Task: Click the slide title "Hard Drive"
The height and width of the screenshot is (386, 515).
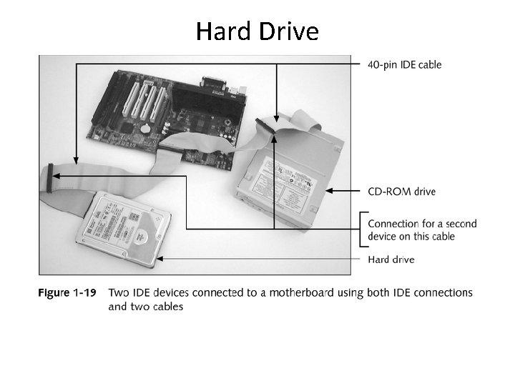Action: pyautogui.click(x=257, y=31)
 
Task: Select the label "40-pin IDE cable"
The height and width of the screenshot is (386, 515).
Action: pyautogui.click(x=404, y=64)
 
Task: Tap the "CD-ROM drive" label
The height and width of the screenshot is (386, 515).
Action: pyautogui.click(x=401, y=191)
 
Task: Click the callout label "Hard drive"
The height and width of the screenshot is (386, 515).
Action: pyautogui.click(x=391, y=259)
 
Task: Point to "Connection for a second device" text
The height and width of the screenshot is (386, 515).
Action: pyautogui.click(x=422, y=230)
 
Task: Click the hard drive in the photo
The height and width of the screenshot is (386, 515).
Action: pyautogui.click(x=125, y=229)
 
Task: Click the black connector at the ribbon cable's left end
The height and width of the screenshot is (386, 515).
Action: pyautogui.click(x=49, y=178)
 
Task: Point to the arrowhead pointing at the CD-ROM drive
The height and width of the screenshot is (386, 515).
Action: pyautogui.click(x=330, y=191)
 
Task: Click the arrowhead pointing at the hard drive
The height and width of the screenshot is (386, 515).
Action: pyautogui.click(x=161, y=258)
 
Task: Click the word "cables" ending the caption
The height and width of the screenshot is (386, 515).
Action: pyautogui.click(x=167, y=307)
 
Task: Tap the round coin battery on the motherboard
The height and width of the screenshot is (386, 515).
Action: pyautogui.click(x=145, y=128)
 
